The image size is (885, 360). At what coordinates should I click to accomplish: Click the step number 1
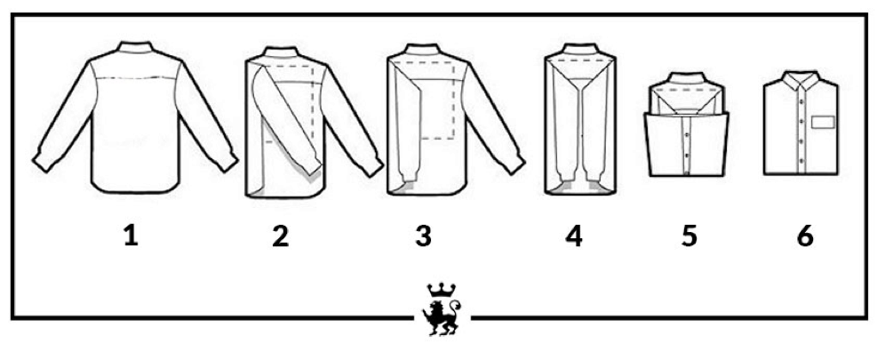[x=131, y=236]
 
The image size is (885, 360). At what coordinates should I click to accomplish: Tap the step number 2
[x=280, y=236]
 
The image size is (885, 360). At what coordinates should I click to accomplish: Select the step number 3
[x=423, y=236]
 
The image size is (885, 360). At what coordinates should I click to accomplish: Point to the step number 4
[x=573, y=236]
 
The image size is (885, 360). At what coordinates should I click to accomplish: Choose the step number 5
[x=689, y=236]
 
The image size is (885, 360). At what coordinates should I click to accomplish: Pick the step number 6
[x=805, y=236]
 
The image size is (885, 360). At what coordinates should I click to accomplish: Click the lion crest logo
[x=442, y=310]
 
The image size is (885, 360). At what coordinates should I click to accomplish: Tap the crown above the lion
[x=442, y=290]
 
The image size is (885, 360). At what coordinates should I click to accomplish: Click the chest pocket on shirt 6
[x=822, y=122]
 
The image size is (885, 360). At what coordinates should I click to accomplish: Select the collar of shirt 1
[x=135, y=47]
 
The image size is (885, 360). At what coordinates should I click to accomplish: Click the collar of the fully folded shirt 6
[x=801, y=79]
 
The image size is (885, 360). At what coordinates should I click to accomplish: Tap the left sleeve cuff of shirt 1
[x=44, y=160]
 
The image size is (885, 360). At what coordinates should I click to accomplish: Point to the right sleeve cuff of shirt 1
[x=227, y=160]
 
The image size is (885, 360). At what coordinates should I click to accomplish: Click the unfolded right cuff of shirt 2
[x=371, y=164]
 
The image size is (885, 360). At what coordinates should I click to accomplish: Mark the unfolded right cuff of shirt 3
[x=514, y=163]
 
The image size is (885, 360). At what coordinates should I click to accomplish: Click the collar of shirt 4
[x=580, y=49]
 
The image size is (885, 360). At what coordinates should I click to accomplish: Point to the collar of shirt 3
[x=424, y=50]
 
